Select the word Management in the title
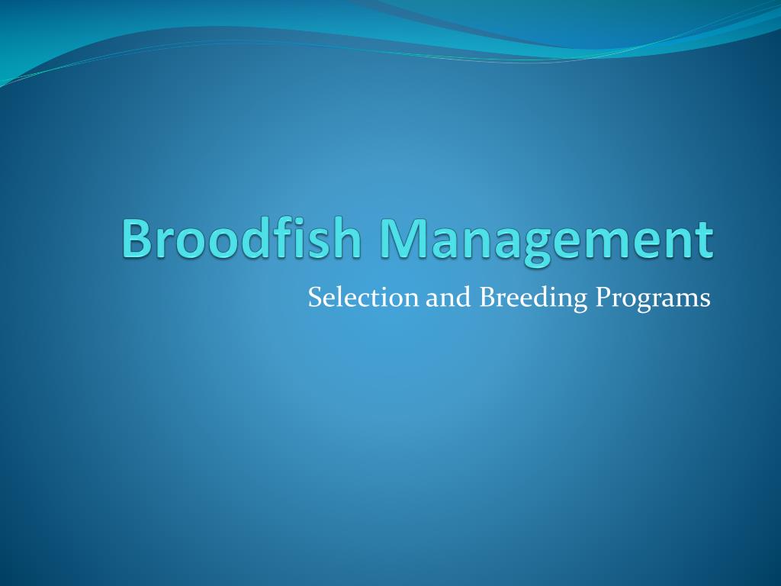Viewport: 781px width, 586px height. (547, 242)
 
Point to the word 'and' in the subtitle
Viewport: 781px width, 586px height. (448, 298)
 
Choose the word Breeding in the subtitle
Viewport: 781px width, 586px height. (533, 299)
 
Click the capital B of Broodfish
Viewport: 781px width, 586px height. (136, 239)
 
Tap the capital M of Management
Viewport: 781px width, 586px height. (404, 239)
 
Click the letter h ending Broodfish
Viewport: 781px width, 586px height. (348, 237)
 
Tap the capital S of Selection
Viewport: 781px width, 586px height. (315, 298)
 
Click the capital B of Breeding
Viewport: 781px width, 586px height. (487, 298)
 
